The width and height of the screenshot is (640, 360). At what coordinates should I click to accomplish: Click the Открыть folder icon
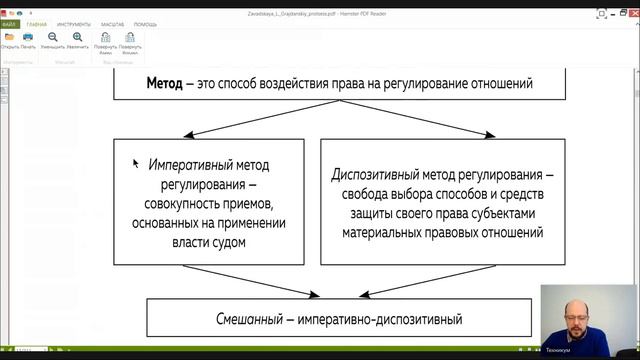pos(10,37)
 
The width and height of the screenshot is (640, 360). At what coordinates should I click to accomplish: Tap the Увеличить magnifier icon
pos(77,37)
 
